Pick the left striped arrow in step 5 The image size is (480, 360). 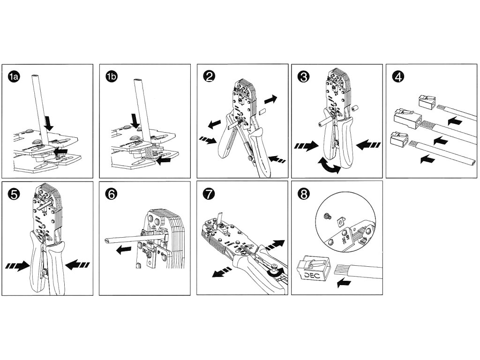click(x=17, y=266)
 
